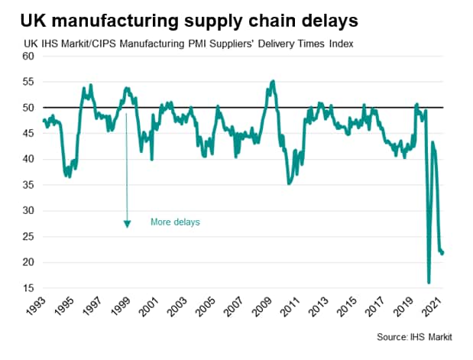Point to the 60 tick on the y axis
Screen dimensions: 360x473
point(28,57)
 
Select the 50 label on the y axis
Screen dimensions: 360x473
point(28,108)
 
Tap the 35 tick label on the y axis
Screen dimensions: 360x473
point(28,185)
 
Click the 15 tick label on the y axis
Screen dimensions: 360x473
point(28,288)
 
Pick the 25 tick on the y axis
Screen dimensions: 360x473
point(28,237)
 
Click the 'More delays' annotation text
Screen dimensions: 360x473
point(175,222)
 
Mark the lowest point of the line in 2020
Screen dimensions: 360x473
point(429,283)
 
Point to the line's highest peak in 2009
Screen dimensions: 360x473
point(274,80)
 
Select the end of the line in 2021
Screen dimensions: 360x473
point(443,254)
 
